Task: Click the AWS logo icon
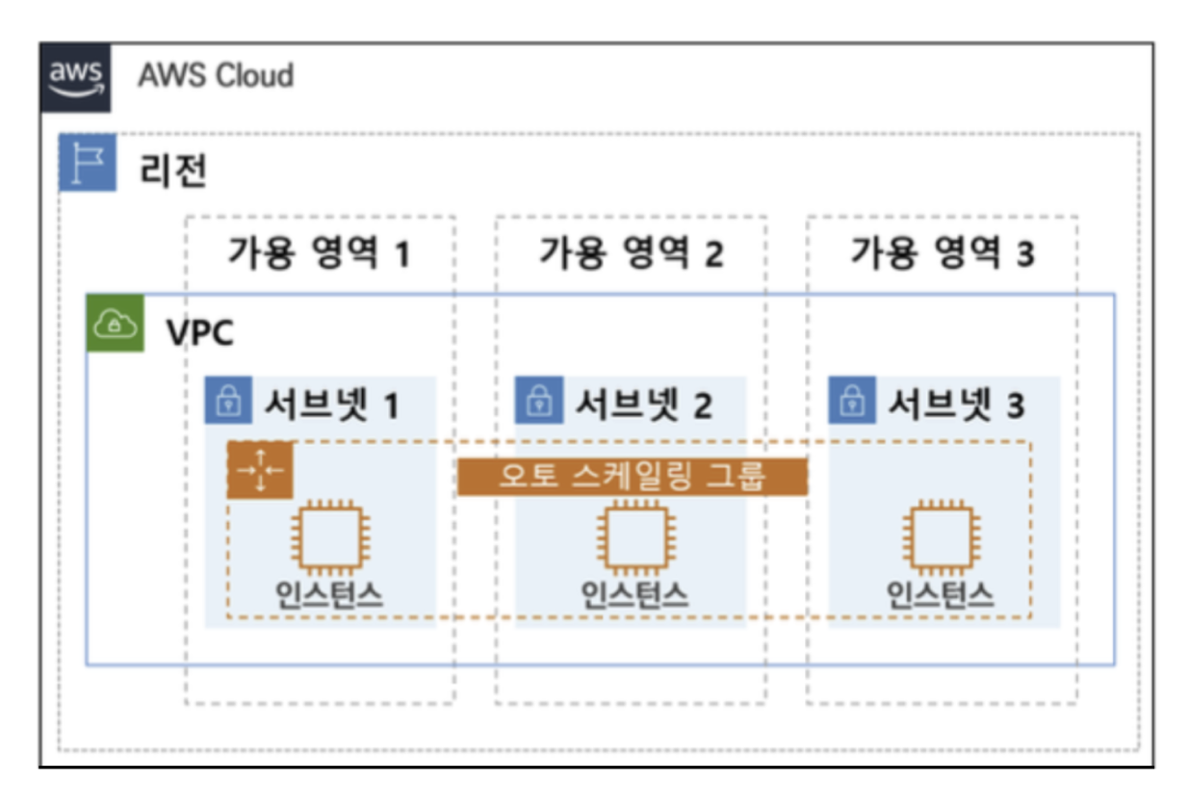(x=76, y=77)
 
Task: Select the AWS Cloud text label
(x=216, y=74)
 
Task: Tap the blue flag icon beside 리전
(x=88, y=164)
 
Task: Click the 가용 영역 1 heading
(x=319, y=253)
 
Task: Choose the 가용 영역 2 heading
(x=631, y=253)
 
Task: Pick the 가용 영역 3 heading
(x=942, y=253)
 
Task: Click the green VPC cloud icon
(x=116, y=324)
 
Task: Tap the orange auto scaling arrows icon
(x=260, y=470)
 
